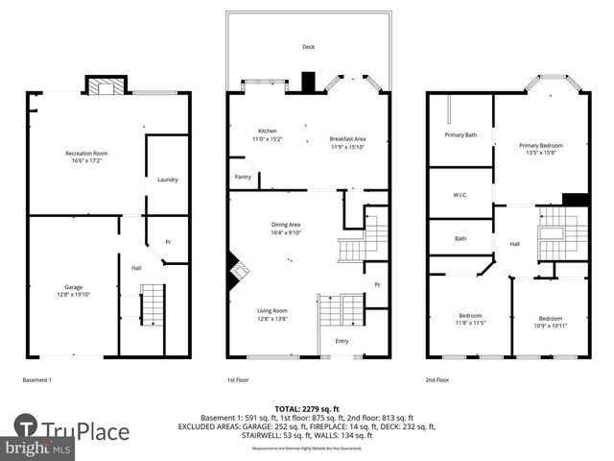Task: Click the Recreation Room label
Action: click(86, 154)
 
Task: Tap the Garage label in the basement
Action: click(73, 287)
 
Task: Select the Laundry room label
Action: click(168, 180)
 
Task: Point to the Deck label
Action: click(308, 47)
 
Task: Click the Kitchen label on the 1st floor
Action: click(267, 131)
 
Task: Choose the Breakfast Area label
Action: click(348, 139)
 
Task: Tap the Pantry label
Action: click(243, 177)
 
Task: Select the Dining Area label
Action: click(286, 224)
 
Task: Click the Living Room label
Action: click(272, 310)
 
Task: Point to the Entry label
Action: click(342, 341)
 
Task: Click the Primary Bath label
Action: click(460, 135)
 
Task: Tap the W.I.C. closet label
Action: click(460, 195)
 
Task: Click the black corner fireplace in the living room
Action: click(233, 271)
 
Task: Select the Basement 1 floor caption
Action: click(37, 379)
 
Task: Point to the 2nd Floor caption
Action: click(437, 379)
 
